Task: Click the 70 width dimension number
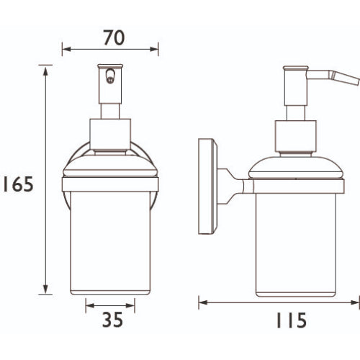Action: (114, 37)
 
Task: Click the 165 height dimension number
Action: (18, 184)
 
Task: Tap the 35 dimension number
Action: (112, 320)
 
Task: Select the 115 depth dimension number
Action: (292, 320)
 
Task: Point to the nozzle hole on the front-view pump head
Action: (110, 76)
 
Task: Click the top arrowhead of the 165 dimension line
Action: (45, 71)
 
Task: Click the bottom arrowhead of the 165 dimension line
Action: (45, 289)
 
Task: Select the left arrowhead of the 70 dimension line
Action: (66, 49)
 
